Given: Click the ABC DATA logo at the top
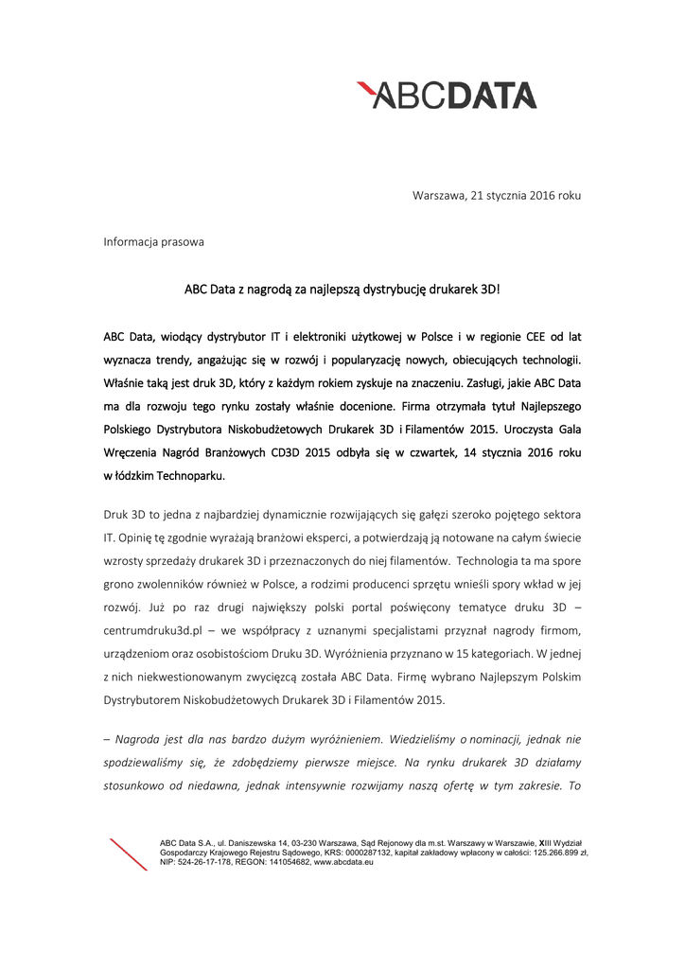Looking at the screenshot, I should coord(447,95).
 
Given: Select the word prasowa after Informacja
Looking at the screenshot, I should coord(183,242).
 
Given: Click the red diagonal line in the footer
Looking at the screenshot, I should coord(129,855).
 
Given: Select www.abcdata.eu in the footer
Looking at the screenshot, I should coord(343,862).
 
